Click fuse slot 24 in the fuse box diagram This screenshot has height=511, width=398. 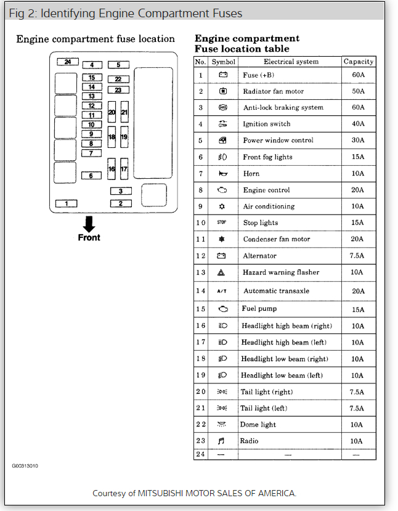coord(67,62)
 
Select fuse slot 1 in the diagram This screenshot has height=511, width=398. coord(66,203)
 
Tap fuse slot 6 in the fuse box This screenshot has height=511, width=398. coord(91,176)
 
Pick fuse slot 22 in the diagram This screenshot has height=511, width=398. coord(118,79)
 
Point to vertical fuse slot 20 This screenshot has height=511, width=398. coord(112,112)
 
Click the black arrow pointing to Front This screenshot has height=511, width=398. coord(89,224)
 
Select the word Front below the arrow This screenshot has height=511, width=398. coord(89,237)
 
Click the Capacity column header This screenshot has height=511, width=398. coord(359,62)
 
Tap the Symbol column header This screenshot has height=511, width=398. coord(223,62)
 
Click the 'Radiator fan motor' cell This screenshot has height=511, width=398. coord(273,91)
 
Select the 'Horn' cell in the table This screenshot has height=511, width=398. coord(251,174)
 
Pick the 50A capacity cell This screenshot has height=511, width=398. coord(358,91)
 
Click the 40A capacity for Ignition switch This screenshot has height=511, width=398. coord(358,124)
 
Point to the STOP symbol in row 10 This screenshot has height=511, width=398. coord(222,223)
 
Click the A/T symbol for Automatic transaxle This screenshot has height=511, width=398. coord(222,291)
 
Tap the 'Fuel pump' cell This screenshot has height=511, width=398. coord(259,309)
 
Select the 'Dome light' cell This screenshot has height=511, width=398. coord(258,425)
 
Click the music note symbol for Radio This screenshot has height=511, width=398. coord(222,441)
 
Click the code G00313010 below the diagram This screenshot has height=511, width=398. coord(25,466)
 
